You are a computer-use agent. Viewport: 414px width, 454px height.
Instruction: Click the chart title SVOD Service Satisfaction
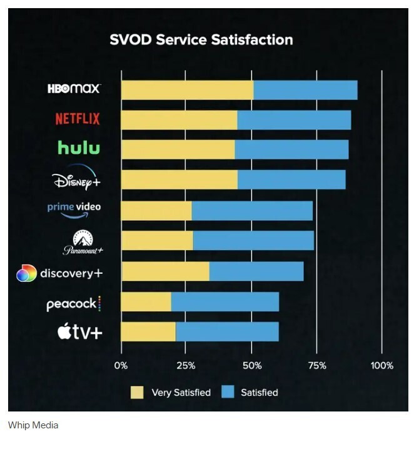point(201,39)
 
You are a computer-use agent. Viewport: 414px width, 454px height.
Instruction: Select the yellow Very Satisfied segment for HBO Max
point(187,90)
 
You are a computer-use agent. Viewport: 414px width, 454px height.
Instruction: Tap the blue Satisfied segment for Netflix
point(294,120)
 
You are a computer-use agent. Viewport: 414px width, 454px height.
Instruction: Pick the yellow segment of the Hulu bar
point(178,149)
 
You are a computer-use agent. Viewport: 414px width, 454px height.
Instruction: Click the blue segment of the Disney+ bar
point(291,179)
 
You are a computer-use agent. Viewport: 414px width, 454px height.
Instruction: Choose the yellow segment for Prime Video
point(156,211)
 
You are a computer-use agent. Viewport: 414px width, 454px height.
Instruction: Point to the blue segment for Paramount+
point(253,241)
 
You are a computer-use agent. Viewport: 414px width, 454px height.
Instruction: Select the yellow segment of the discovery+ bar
point(165,271)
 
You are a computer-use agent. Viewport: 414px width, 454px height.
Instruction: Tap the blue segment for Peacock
point(225,301)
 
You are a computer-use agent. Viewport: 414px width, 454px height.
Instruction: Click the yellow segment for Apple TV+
point(148,331)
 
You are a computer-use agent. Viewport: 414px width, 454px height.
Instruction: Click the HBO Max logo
point(73,88)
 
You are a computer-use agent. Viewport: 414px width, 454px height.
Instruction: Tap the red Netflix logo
point(78,118)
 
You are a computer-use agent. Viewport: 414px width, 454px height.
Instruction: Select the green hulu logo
point(79,148)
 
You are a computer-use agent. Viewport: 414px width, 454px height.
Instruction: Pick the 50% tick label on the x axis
point(251,366)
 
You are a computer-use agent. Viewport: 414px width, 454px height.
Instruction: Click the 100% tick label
point(381,366)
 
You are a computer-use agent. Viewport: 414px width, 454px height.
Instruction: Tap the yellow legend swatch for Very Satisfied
point(137,393)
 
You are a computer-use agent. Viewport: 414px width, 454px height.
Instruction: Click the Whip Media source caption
point(33,425)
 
